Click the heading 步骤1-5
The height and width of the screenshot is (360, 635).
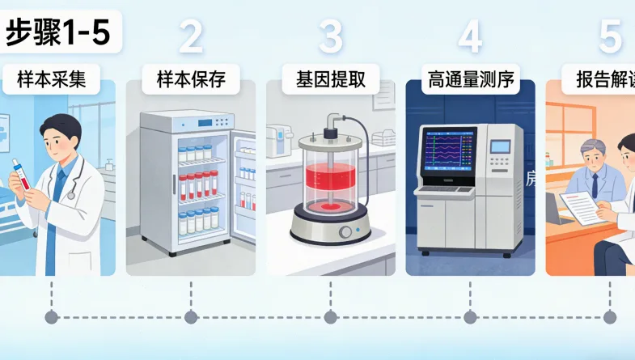click(57, 34)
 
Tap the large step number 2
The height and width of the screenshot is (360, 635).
click(190, 37)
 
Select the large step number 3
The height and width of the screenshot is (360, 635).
click(330, 37)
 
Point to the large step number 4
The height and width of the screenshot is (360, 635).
click(470, 37)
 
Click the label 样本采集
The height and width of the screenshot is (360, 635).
click(57, 79)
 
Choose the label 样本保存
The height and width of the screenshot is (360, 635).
click(190, 79)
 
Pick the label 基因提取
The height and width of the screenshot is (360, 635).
click(330, 79)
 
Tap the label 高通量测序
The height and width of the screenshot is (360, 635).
click(470, 79)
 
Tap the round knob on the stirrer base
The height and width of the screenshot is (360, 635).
click(345, 232)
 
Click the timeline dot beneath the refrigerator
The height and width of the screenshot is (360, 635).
click(191, 317)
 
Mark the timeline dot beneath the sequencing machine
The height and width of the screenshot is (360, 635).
click(470, 317)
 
